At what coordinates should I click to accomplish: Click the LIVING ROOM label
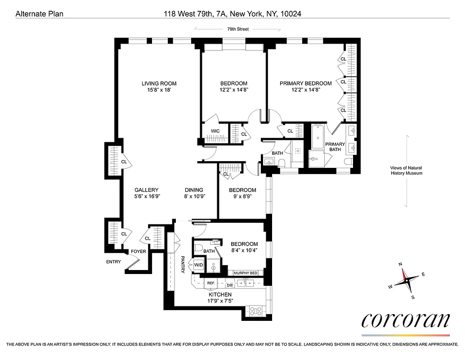pyautogui.click(x=159, y=83)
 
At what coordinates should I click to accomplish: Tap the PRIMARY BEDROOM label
pyautogui.click(x=305, y=83)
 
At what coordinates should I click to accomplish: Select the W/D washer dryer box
pyautogui.click(x=199, y=265)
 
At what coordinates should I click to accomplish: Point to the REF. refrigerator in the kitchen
pyautogui.click(x=210, y=283)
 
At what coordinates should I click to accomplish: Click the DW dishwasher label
pyautogui.click(x=229, y=285)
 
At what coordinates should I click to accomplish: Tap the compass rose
pyautogui.click(x=406, y=280)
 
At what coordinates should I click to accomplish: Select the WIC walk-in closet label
pyautogui.click(x=215, y=131)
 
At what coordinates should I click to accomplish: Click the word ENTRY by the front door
pyautogui.click(x=113, y=261)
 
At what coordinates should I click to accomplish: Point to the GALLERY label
pyautogui.click(x=146, y=190)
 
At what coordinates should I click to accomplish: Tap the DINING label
pyautogui.click(x=194, y=190)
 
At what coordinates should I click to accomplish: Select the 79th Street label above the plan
pyautogui.click(x=237, y=29)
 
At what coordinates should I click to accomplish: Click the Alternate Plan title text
pyautogui.click(x=40, y=14)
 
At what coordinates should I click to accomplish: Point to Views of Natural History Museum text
pyautogui.click(x=406, y=171)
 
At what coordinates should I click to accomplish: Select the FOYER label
pyautogui.click(x=138, y=251)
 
